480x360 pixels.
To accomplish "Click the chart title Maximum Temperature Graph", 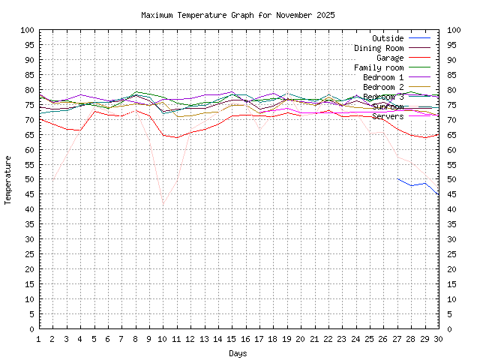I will [x=238, y=15].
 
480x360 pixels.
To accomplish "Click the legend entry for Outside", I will [x=388, y=38].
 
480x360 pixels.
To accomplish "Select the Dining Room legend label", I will [x=379, y=48].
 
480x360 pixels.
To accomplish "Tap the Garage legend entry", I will [x=390, y=58].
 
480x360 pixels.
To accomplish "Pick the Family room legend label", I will [x=379, y=67].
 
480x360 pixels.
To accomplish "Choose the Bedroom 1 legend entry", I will [x=383, y=77].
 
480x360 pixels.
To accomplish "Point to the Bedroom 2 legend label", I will [x=383, y=87].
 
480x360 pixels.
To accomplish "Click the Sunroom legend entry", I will [x=388, y=106].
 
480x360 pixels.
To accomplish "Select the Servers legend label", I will [x=388, y=116].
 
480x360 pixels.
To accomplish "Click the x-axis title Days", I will [x=238, y=352].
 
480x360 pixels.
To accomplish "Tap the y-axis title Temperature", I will [x=9, y=180].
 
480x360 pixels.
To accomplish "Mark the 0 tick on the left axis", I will [x=31, y=328].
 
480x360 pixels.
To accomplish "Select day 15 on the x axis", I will [x=232, y=338].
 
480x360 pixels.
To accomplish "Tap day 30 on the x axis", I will [x=438, y=338].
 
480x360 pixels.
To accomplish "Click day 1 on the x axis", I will [x=39, y=338].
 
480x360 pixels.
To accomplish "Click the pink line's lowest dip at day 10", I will [x=163, y=205].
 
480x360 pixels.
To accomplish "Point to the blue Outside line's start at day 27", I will [x=397, y=178].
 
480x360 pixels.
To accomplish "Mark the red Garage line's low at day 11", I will [x=177, y=137].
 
